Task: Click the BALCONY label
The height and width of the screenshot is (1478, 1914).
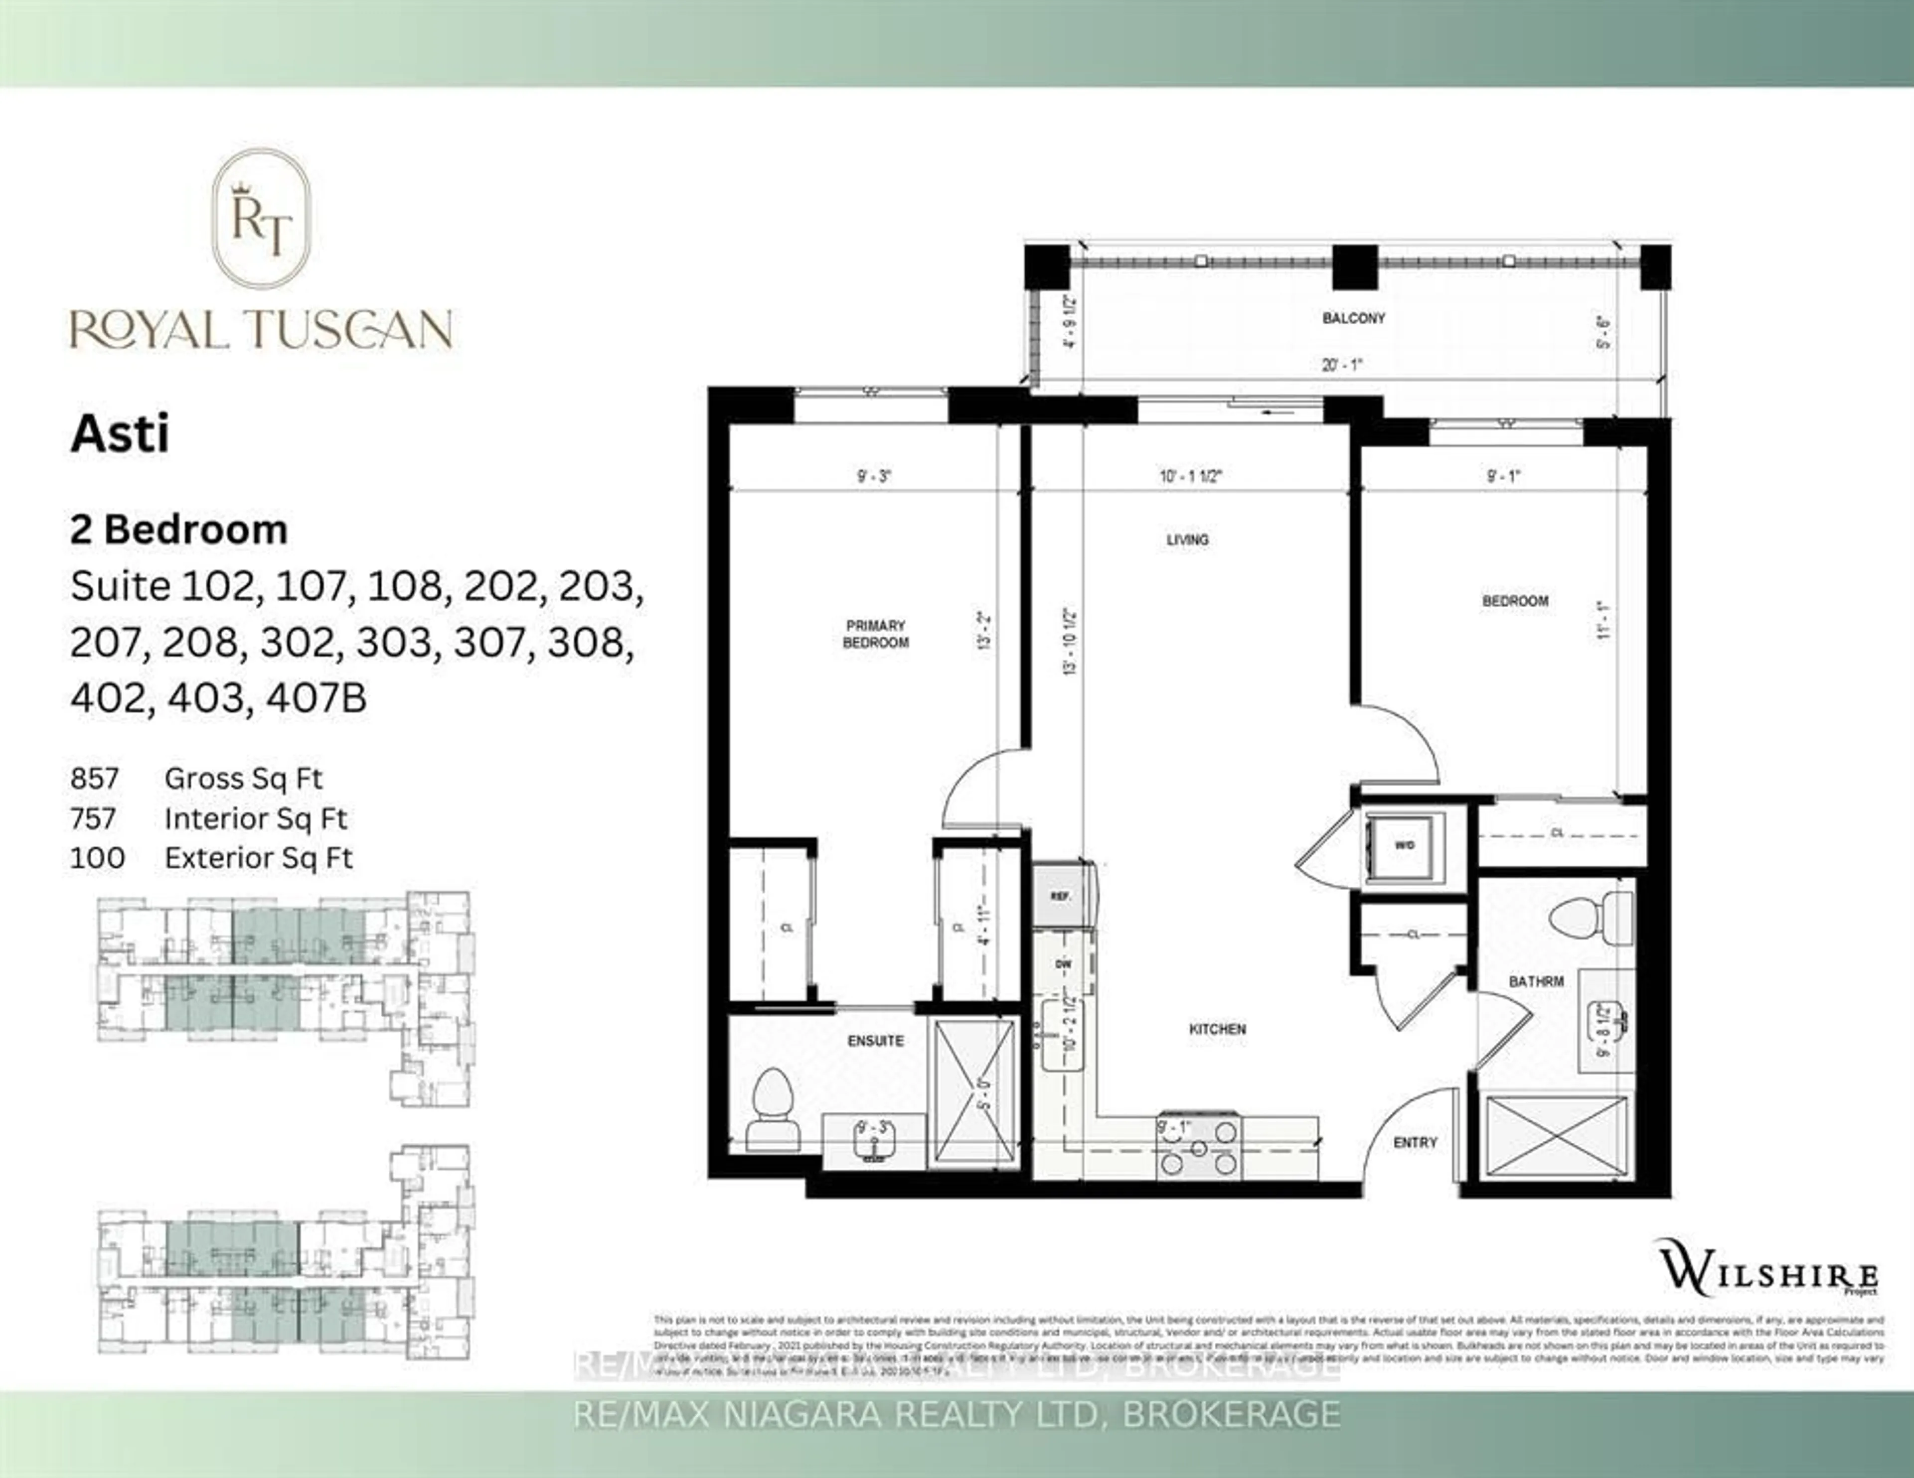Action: tap(1353, 318)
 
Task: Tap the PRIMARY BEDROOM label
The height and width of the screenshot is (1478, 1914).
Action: tap(875, 634)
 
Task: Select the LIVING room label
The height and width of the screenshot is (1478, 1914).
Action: tap(1187, 539)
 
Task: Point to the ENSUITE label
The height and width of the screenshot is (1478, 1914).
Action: tap(875, 1041)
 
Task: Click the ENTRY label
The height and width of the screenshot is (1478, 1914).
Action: tap(1416, 1142)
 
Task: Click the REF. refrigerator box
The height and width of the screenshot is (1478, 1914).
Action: tap(1060, 895)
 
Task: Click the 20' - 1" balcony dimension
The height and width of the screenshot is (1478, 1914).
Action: tap(1342, 365)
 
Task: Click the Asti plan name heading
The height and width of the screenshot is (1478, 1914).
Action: tap(120, 434)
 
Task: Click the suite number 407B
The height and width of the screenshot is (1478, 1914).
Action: tap(317, 698)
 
